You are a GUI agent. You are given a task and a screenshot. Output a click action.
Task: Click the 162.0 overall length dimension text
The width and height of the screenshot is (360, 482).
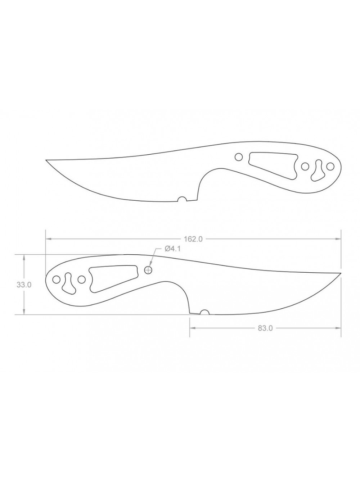(193, 239)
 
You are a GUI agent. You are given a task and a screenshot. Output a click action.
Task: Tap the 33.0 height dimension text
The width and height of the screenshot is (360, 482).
(24, 285)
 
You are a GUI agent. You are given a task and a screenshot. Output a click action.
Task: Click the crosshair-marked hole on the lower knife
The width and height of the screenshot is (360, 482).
(148, 270)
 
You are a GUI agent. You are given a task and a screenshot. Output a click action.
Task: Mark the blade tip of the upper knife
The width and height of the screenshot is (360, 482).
(46, 160)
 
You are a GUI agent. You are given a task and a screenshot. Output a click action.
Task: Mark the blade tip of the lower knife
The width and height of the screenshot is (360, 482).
(341, 273)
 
